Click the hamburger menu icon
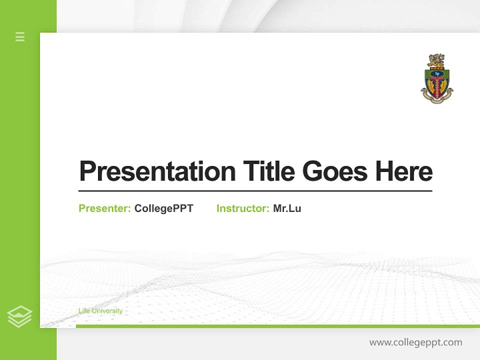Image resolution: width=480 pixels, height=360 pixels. pyautogui.click(x=20, y=36)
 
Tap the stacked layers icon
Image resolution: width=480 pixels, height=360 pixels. pyautogui.click(x=19, y=316)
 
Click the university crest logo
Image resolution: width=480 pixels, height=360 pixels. pyautogui.click(x=437, y=79)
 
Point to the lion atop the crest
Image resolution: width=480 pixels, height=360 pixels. pyautogui.click(x=436, y=61)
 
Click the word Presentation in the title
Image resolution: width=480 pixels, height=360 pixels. pyautogui.click(x=157, y=171)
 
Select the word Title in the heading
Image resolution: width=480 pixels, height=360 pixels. pyautogui.click(x=268, y=171)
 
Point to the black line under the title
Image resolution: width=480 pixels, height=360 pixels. pyautogui.click(x=255, y=190)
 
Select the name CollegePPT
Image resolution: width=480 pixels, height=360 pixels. pyautogui.click(x=163, y=208)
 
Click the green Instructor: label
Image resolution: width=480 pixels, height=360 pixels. pyautogui.click(x=243, y=208)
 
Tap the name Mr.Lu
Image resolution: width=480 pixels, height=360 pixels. pyautogui.click(x=287, y=208)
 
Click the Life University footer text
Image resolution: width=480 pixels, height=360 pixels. pyautogui.click(x=100, y=311)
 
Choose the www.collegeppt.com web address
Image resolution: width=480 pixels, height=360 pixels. pyautogui.click(x=415, y=342)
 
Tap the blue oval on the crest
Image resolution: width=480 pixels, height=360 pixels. pyautogui.click(x=437, y=73)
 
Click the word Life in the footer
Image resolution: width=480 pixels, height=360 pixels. pyautogui.click(x=83, y=311)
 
